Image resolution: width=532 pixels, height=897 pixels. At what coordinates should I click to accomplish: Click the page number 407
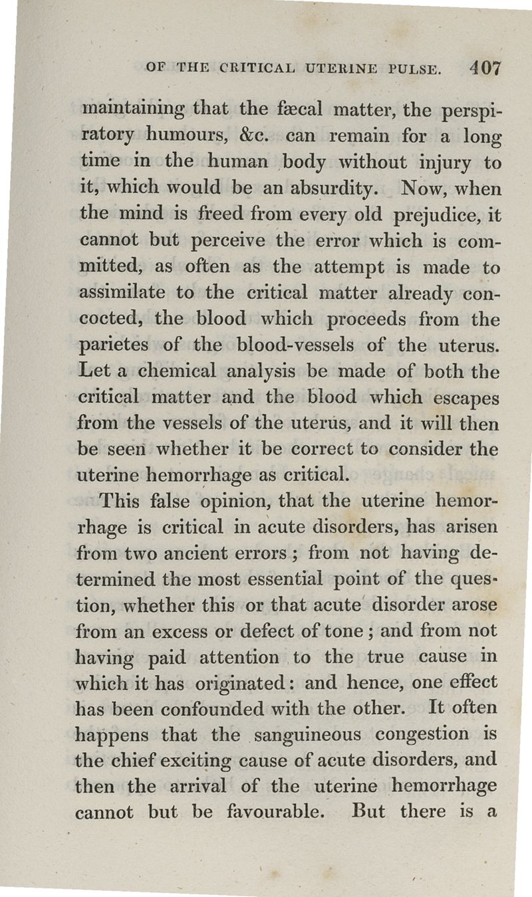(x=484, y=68)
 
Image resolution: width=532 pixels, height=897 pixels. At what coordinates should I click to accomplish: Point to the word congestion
(x=422, y=736)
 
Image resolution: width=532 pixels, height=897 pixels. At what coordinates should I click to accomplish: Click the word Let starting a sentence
(x=94, y=371)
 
